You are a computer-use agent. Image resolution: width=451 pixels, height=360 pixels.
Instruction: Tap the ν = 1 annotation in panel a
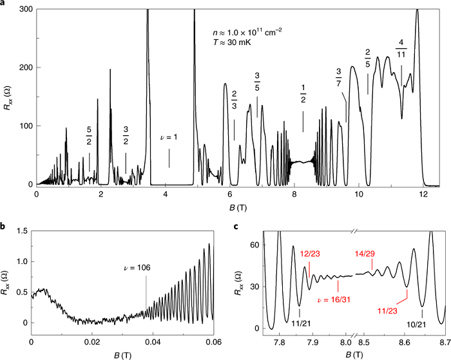point(169,138)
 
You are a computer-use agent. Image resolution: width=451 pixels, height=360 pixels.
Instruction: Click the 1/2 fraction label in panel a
point(303,93)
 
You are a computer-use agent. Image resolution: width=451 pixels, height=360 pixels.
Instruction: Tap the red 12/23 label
point(308,254)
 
